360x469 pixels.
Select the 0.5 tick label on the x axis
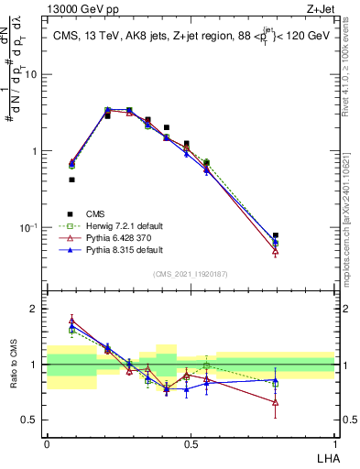pyautogui.click(x=190, y=443)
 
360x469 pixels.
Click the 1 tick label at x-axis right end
pyautogui.click(x=333, y=443)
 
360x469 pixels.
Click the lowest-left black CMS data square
pyautogui.click(x=71, y=180)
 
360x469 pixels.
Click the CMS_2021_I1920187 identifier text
pyautogui.click(x=190, y=274)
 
